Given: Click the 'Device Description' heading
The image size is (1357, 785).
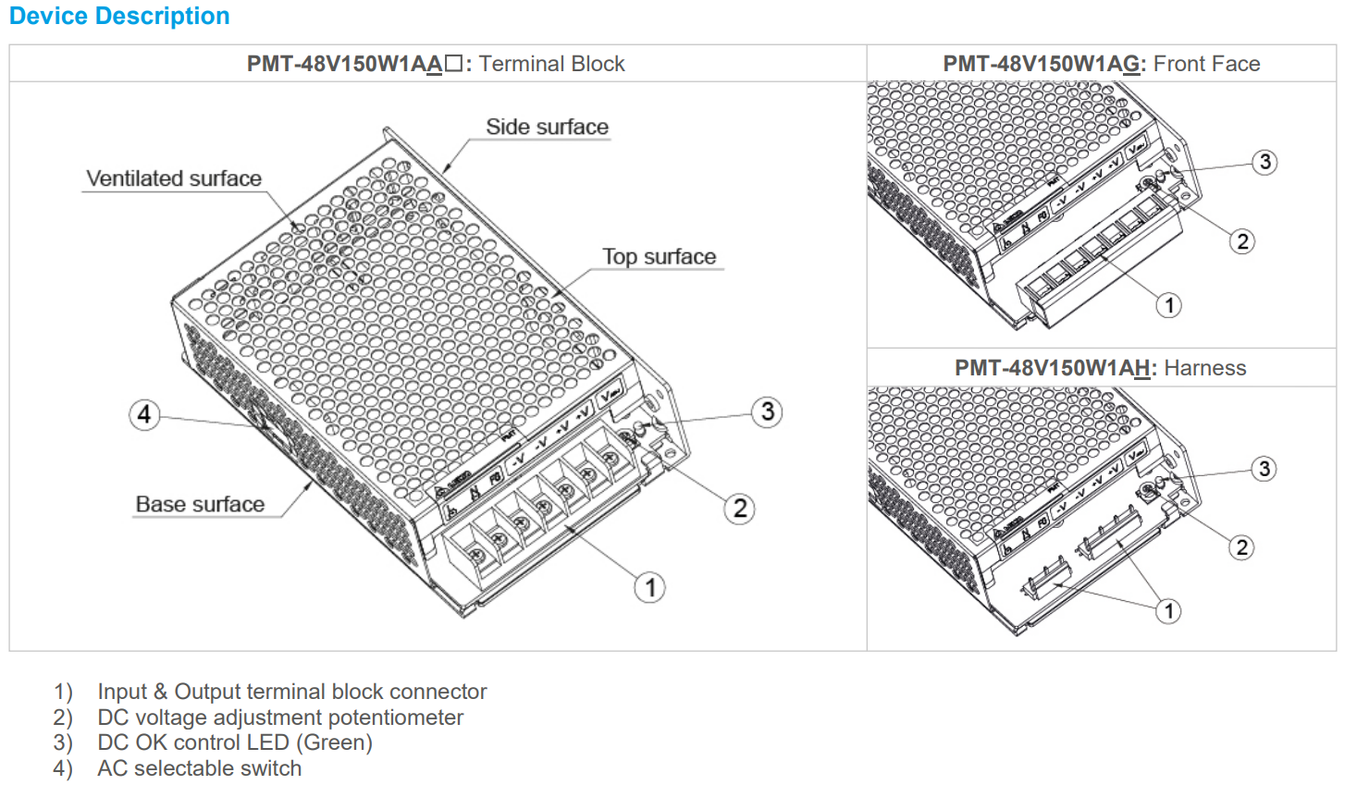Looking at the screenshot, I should tap(119, 17).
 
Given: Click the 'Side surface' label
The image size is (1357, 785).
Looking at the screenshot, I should tap(547, 128).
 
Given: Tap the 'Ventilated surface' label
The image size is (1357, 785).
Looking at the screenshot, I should tap(174, 178).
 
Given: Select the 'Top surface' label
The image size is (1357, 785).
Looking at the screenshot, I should tap(659, 257).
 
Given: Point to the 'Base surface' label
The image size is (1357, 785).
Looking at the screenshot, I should tap(200, 505).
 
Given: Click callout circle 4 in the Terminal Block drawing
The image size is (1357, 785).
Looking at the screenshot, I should tap(144, 414).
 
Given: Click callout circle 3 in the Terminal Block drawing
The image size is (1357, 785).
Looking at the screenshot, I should tap(767, 411).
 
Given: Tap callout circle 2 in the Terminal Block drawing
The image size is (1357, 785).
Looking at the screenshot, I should tap(739, 509).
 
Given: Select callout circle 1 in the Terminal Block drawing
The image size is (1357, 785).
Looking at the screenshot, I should tap(650, 587).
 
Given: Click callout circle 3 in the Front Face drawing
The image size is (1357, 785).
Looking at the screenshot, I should tap(1264, 163).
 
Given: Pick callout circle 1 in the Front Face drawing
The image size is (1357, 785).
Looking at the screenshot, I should tap(1169, 305).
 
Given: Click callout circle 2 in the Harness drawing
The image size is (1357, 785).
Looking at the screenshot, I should tap(1242, 547).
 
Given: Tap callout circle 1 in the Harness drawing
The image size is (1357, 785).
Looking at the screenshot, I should tap(1169, 611).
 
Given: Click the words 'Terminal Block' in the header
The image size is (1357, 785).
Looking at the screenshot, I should tap(551, 64).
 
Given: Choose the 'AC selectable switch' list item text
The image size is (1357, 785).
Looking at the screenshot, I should tap(199, 768).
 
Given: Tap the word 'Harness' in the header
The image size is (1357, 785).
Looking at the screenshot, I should tap(1204, 368).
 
